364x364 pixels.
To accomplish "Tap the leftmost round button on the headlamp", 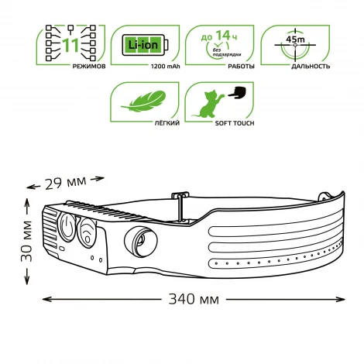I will [x=67, y=228].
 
